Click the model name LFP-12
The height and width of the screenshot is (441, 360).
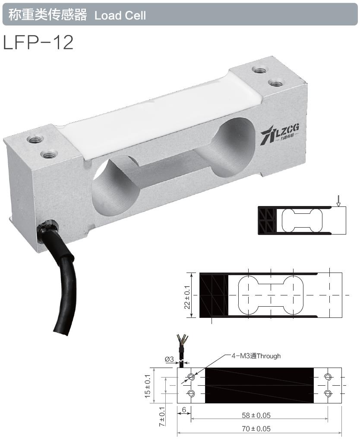click(38, 42)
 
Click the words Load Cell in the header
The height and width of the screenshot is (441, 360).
click(120, 16)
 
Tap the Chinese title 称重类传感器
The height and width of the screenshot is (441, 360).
click(45, 16)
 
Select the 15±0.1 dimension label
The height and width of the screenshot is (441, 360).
click(148, 385)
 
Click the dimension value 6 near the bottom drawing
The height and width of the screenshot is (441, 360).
click(183, 409)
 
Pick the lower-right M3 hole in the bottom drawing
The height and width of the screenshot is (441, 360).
click(328, 393)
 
